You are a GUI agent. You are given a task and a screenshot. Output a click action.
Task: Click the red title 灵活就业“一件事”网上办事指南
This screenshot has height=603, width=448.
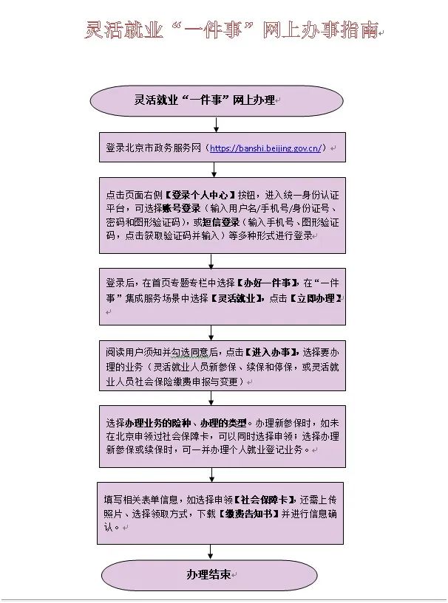[232, 30]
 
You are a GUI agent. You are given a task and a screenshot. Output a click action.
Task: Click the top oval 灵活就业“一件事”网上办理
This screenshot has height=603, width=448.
[217, 101]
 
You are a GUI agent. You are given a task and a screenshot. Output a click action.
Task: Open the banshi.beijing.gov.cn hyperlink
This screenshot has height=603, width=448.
[265, 148]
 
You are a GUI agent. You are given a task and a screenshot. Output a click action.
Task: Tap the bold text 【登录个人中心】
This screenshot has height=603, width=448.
[200, 195]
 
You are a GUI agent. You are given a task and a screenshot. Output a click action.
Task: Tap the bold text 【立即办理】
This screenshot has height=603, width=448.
[316, 298]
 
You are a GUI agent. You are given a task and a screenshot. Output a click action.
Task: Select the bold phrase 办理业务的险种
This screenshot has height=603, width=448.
[158, 424]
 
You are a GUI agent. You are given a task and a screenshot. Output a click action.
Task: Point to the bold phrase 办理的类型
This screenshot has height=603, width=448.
[223, 424]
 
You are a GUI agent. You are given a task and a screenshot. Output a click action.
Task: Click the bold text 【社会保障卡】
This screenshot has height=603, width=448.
[265, 500]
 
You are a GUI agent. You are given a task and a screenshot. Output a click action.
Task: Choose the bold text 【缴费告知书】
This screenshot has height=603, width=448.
[249, 514]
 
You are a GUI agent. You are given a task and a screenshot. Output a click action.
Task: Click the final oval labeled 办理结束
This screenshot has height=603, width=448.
[209, 575]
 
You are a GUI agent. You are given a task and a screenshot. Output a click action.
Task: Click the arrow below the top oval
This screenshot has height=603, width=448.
[216, 125]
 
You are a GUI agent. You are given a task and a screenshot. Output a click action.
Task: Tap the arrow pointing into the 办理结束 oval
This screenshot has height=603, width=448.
[211, 552]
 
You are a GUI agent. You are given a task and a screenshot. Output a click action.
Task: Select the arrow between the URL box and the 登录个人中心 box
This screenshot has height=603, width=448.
[214, 170]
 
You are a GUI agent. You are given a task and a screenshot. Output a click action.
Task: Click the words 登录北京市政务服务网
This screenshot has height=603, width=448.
[153, 148]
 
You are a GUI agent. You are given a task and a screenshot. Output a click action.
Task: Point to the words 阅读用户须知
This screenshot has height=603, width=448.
[129, 352]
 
